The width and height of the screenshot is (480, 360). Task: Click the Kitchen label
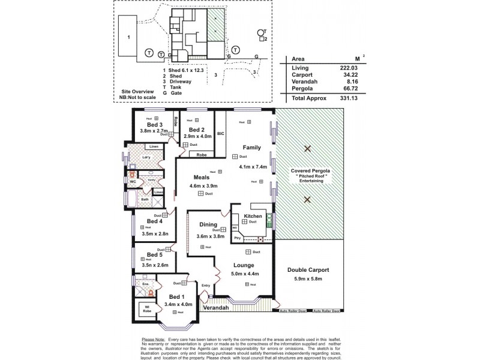coord(252,216)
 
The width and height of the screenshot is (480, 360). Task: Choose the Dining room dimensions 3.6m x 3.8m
coord(211,236)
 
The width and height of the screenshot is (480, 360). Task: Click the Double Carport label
coord(307,269)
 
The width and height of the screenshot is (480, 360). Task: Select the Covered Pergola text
coord(307,170)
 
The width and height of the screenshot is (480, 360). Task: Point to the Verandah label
coord(215,307)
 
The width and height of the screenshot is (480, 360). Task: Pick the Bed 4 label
coord(155,221)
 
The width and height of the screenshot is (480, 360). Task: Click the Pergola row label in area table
coord(301,88)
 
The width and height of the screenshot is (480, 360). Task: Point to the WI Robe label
coord(146,308)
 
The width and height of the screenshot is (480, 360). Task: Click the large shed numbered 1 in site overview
coord(129,37)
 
